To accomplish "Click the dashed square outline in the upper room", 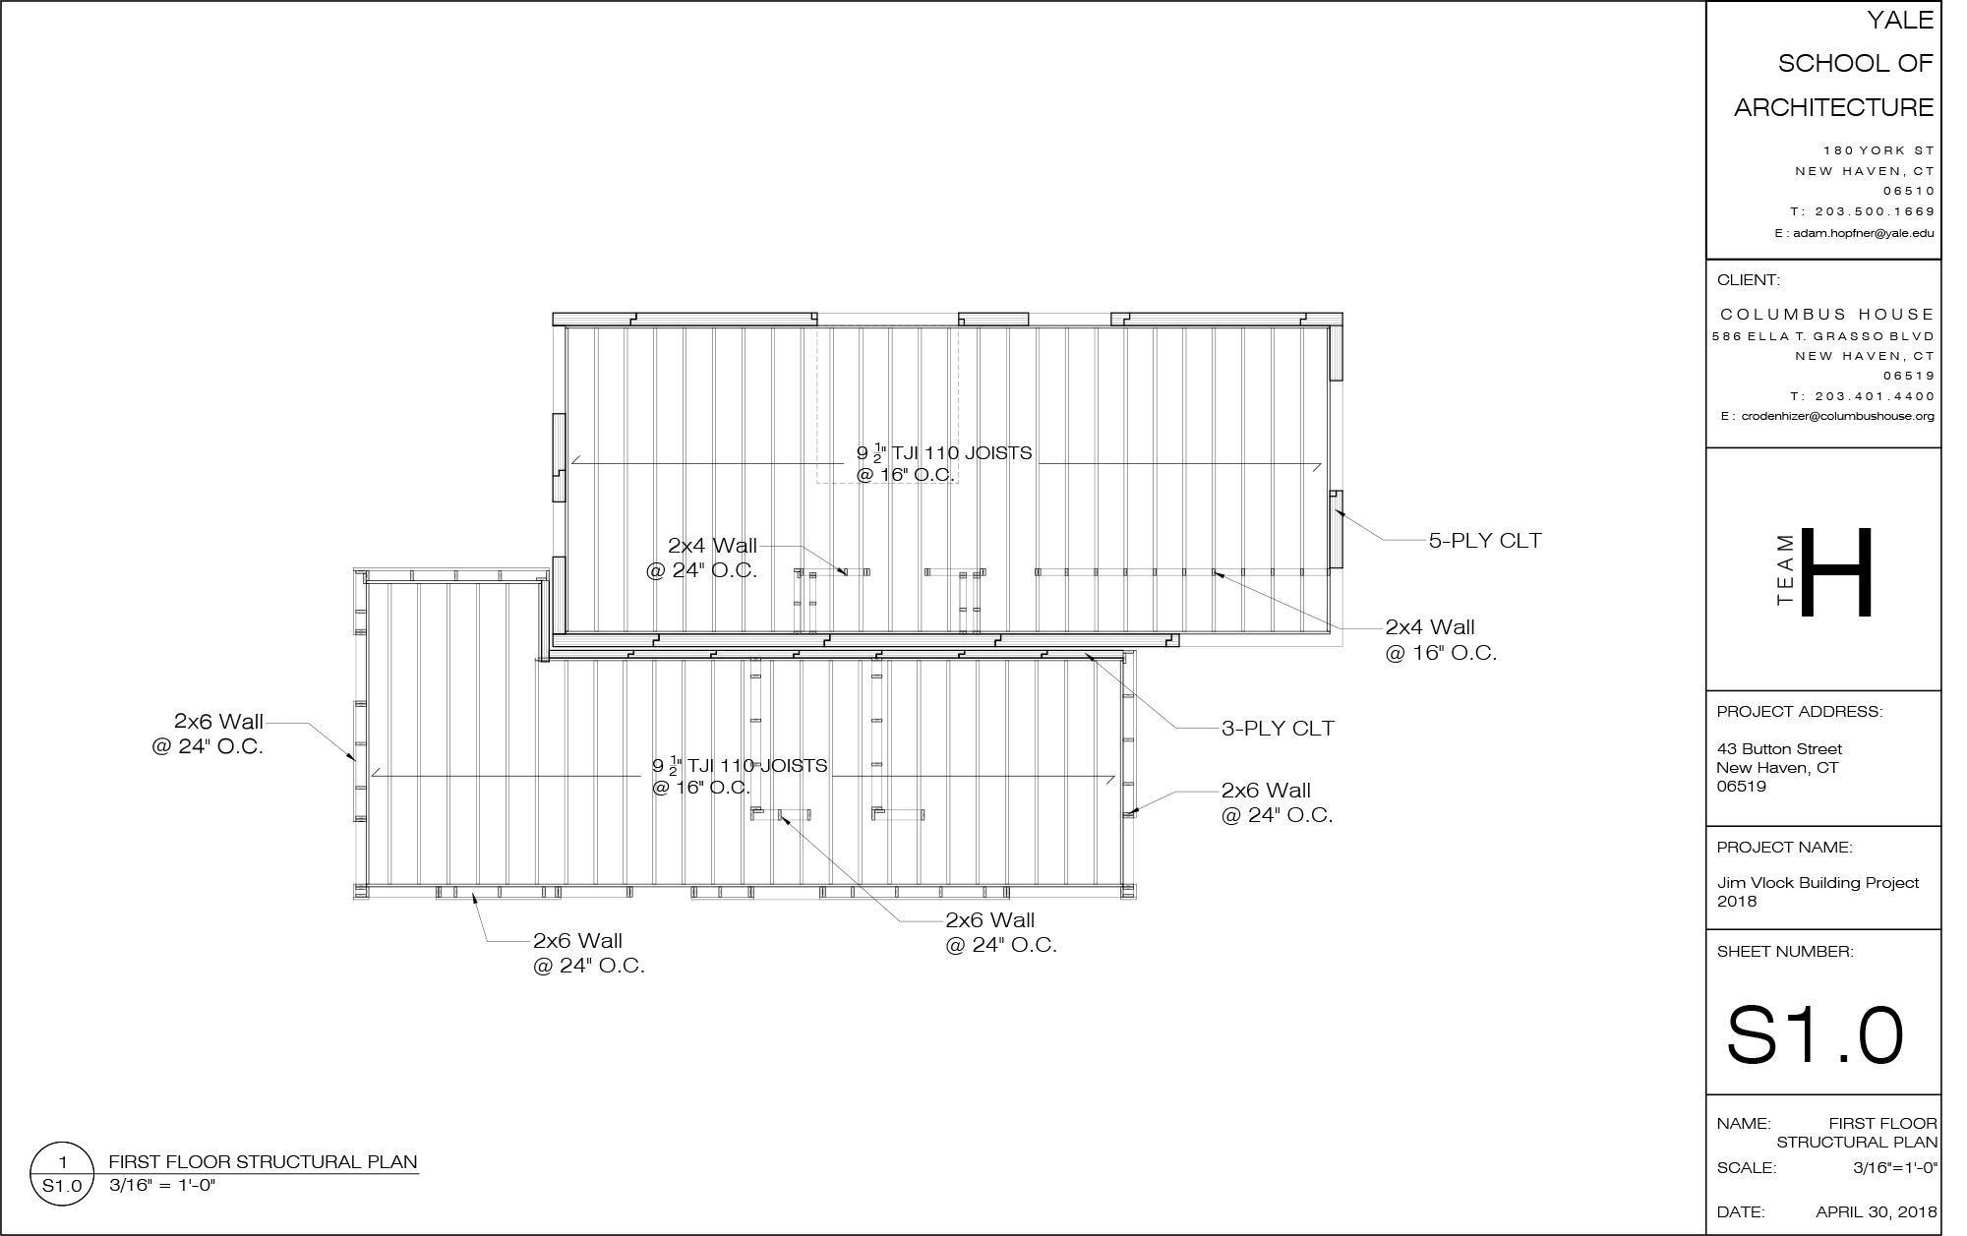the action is coord(887,403).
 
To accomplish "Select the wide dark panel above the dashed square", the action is coord(887,319).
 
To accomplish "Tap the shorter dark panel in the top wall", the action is coord(1069,319).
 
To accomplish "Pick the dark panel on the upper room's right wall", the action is coord(1337,435).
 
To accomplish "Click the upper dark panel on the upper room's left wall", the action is coord(560,370).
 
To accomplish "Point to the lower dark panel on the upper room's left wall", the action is coord(560,529).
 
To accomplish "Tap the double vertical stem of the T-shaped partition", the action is coord(970,604).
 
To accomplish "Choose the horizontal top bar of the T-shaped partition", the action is coord(954,572).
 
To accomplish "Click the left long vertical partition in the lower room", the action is coord(755,734).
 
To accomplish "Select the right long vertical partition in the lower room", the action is coord(876,734).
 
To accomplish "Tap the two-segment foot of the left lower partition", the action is coord(781,815).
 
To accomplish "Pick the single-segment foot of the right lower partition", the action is coord(898,815).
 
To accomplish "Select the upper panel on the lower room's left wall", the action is coord(361,668).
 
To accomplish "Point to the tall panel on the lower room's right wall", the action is coord(1128,850).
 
